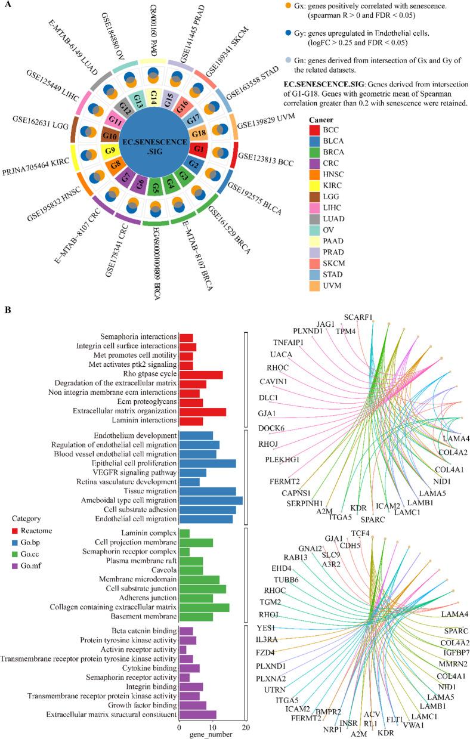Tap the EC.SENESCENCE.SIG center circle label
(x=153, y=143)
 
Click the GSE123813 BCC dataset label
(x=267, y=158)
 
